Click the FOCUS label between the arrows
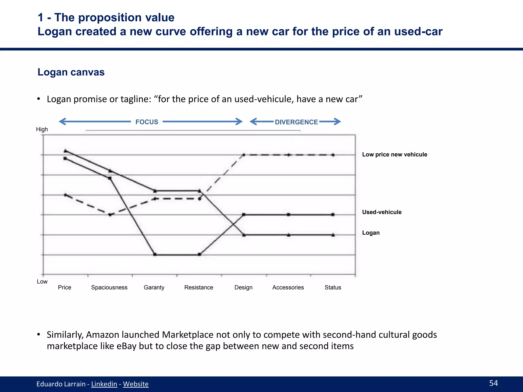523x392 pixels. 147,122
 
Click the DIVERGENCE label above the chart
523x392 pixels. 296,122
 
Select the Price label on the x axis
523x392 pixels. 64,287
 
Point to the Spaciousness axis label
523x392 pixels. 109,287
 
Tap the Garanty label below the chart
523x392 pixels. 154,287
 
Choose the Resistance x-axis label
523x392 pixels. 199,287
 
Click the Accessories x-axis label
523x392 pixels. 288,287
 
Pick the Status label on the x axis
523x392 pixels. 333,287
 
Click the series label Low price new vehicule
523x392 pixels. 395,154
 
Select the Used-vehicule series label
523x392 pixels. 382,212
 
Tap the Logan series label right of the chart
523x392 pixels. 371,233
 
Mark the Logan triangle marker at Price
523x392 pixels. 65,151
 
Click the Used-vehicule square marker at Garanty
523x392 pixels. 155,254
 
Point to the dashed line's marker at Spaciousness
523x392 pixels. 110,215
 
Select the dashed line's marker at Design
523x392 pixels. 244,155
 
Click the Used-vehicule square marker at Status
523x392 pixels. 333,215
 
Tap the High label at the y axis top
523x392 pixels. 42,129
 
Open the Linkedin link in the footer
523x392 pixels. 104,384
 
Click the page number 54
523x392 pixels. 493,383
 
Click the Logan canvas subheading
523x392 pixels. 71,72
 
